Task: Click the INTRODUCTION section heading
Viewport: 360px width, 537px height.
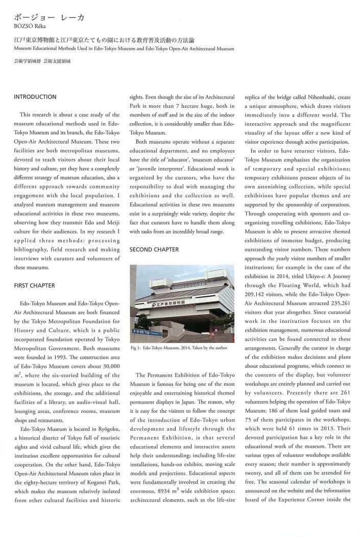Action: [x=35, y=97]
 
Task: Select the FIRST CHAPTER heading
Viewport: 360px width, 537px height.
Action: [x=34, y=285]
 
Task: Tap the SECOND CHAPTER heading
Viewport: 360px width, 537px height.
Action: [x=154, y=249]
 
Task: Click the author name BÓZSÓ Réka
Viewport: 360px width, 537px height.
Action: [x=30, y=28]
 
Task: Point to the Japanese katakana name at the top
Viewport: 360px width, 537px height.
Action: [x=49, y=17]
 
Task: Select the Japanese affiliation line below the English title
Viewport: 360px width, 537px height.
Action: [x=43, y=61]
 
